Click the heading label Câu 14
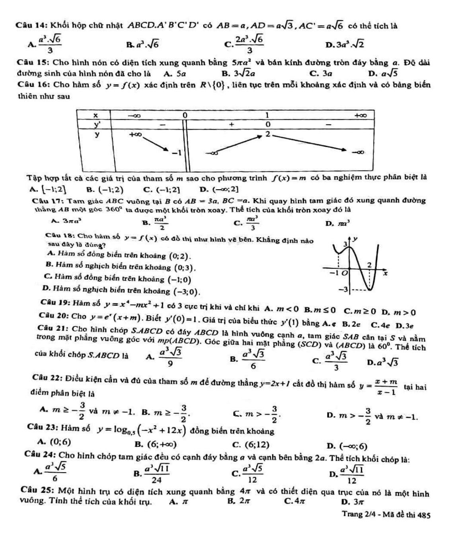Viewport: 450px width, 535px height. coord(31,27)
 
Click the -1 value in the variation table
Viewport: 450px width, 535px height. coord(178,152)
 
